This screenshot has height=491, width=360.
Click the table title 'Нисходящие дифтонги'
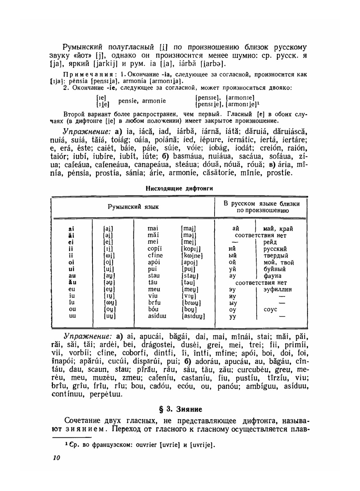179,188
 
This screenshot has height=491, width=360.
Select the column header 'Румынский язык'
133,207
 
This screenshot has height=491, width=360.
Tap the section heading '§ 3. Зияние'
180,409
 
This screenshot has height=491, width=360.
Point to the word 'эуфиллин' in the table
277,289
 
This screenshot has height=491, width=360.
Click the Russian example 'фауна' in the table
272,276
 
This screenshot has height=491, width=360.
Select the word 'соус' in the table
270,309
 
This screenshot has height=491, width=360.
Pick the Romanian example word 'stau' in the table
154,276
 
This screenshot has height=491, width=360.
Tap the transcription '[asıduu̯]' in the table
193,316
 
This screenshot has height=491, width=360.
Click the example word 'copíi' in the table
155,249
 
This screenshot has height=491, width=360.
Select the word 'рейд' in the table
270,242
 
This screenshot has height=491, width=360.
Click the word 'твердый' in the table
276,256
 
